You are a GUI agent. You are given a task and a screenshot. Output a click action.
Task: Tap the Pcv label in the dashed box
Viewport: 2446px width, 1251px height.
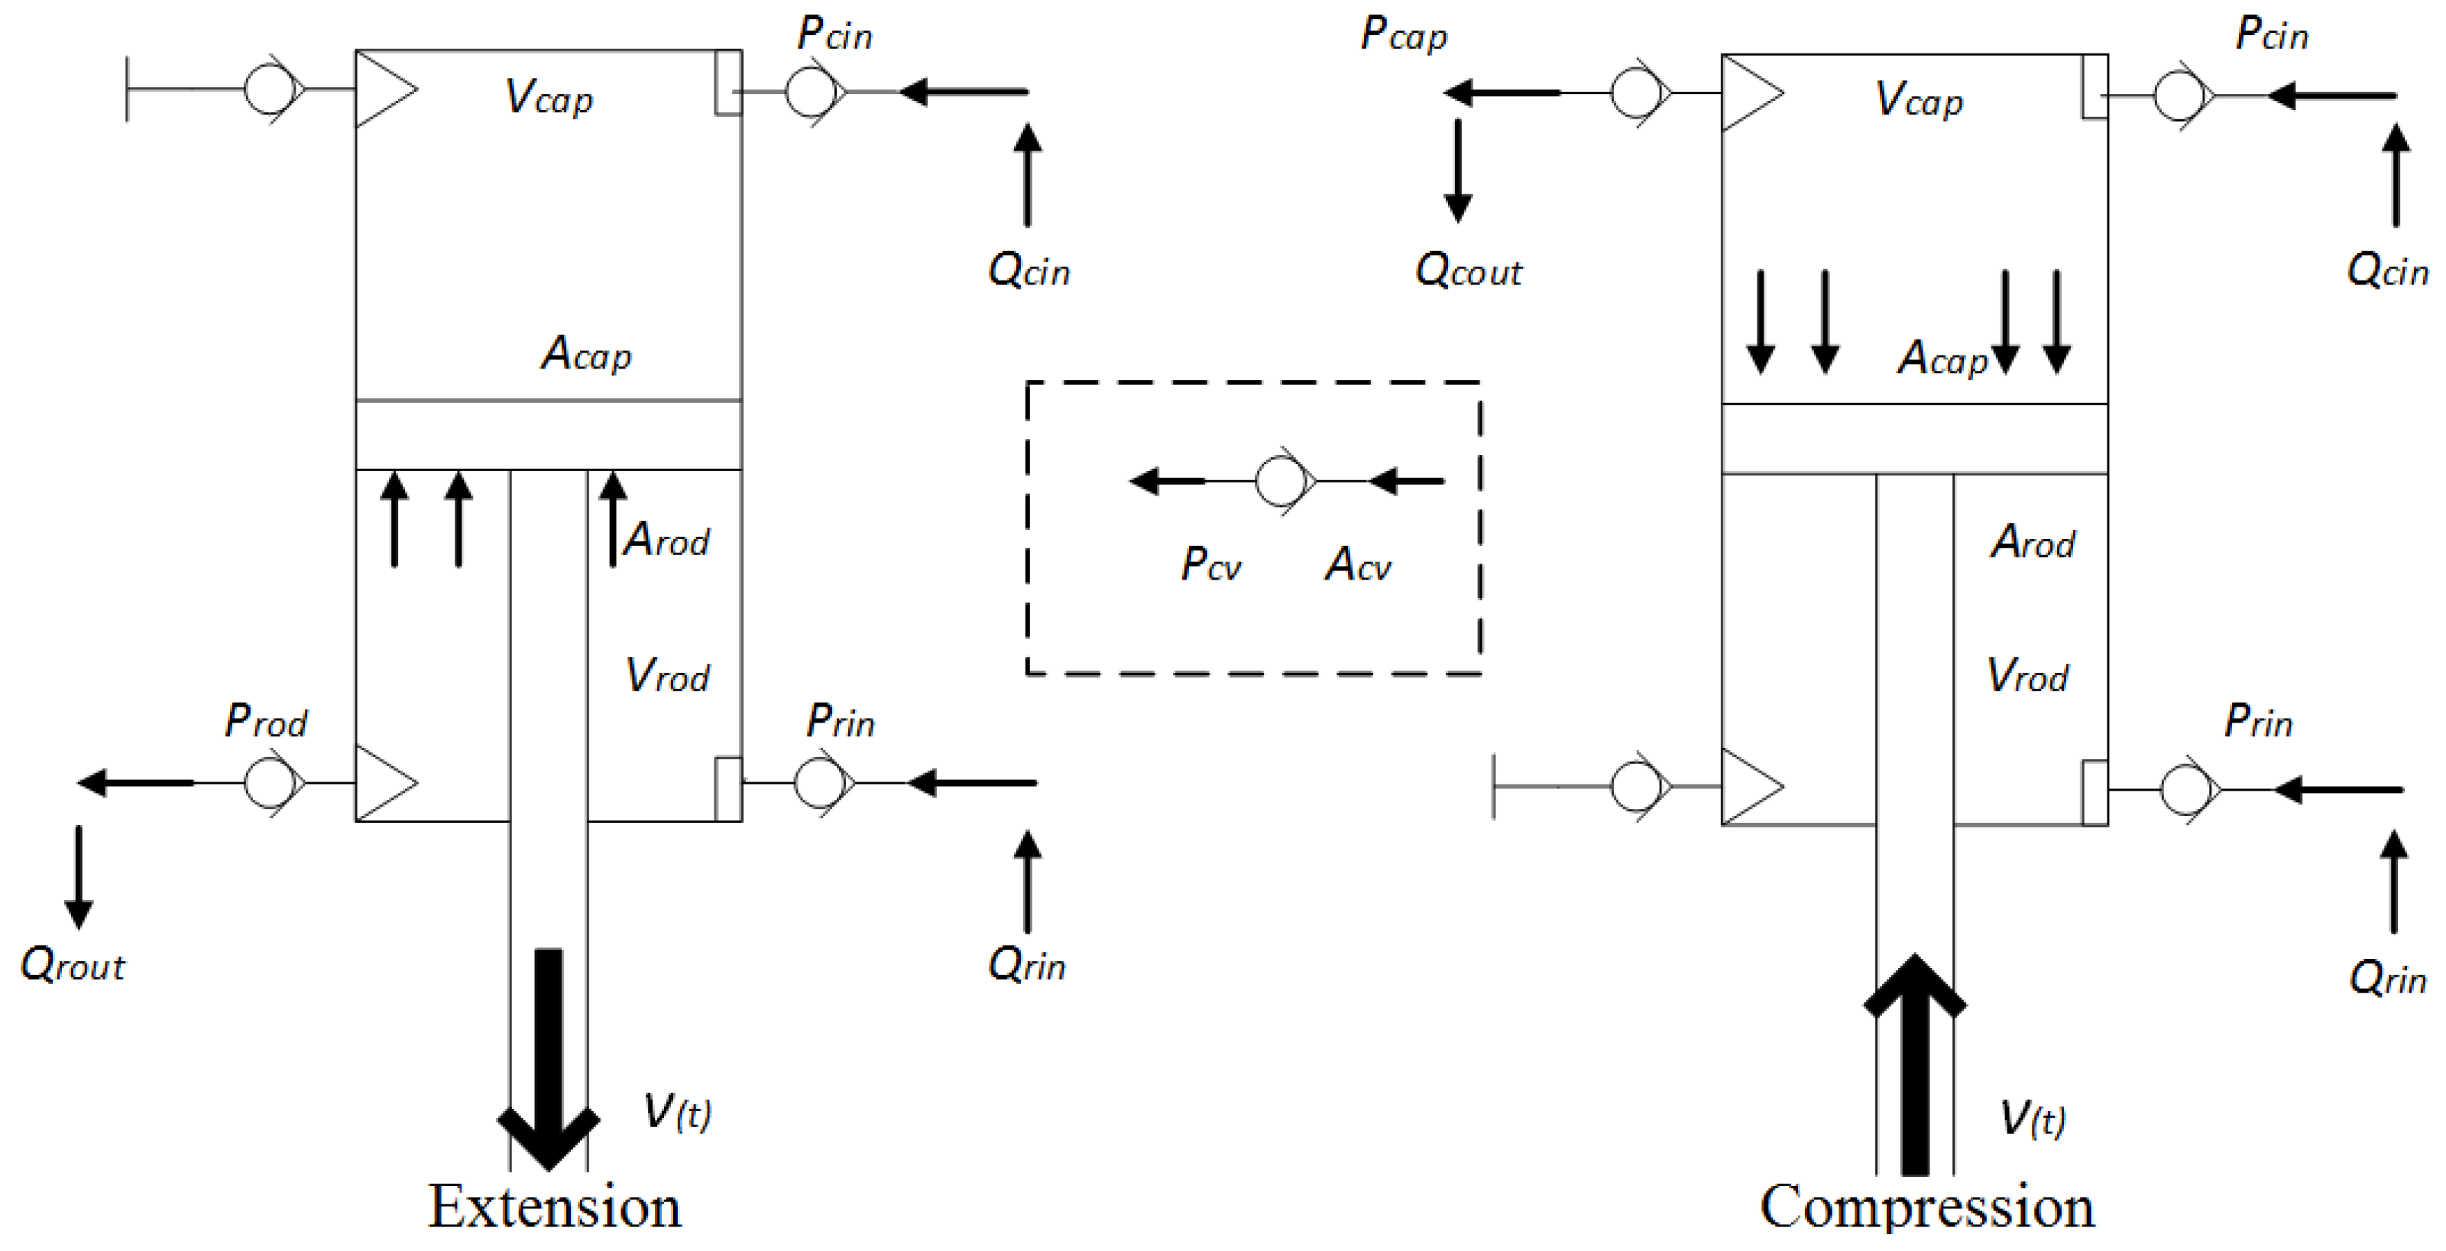tap(1210, 564)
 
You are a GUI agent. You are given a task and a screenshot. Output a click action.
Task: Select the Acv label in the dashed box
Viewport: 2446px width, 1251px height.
tap(1358, 564)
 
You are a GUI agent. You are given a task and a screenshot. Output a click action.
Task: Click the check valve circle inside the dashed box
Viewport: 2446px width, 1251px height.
tap(1280, 481)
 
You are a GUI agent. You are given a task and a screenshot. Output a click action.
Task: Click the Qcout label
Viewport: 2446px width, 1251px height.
tap(1468, 271)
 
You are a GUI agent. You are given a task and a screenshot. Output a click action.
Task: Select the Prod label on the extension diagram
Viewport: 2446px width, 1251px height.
tap(265, 721)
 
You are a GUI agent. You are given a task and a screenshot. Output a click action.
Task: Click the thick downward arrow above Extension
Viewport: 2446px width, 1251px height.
tap(549, 1054)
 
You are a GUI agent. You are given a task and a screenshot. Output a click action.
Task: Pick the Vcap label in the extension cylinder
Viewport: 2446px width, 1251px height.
tap(549, 97)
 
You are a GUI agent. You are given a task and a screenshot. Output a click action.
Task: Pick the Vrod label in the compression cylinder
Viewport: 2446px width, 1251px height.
tap(2027, 675)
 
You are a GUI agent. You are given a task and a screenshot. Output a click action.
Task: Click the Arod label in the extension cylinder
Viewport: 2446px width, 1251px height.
tap(666, 540)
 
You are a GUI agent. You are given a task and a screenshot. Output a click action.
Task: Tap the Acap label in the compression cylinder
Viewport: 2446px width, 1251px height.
tap(1942, 358)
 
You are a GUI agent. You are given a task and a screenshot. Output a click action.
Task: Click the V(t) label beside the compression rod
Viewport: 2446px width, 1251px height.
tap(2032, 1119)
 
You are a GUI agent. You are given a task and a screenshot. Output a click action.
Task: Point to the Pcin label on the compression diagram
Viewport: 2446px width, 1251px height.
tap(2271, 34)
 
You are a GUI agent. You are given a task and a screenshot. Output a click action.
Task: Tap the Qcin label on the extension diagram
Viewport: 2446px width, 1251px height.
tap(1029, 271)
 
